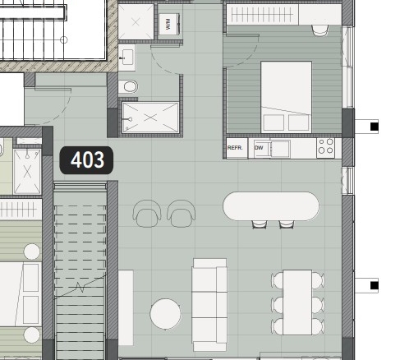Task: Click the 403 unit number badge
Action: coord(86,160)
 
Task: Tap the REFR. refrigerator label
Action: coord(235,148)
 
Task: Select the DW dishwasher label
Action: coord(259,148)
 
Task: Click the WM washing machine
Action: coord(169,24)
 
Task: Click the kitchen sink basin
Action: coord(281,149)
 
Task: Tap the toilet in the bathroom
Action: coord(128,86)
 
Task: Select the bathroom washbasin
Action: coord(126,58)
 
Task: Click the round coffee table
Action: coord(165,314)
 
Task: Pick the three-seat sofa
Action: coord(209,305)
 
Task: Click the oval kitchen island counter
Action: coord(271,206)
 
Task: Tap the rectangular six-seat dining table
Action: coord(297,302)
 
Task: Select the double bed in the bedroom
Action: coord(287,97)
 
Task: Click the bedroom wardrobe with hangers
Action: coord(262,15)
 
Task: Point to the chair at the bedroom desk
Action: coord(320,30)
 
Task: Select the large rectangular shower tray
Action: coord(150,118)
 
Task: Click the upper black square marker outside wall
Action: coord(375,127)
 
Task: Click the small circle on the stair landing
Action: coord(64,40)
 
